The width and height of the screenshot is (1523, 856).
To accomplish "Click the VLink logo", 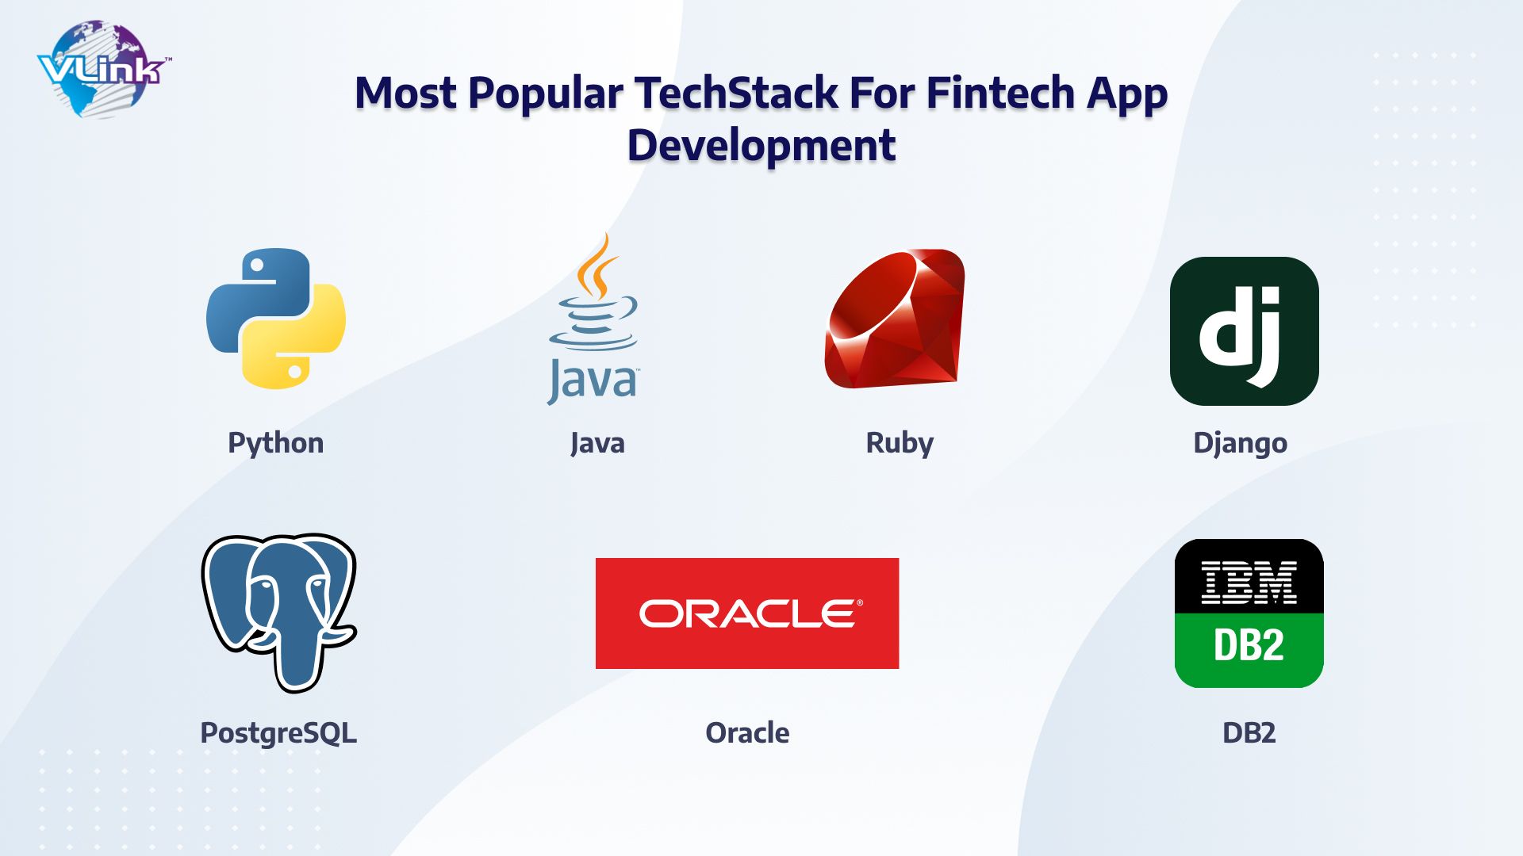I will point(103,70).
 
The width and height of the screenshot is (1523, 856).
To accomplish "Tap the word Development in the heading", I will point(761,145).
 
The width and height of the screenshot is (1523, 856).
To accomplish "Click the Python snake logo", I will point(276,319).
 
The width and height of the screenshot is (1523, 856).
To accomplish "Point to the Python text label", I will point(275,442).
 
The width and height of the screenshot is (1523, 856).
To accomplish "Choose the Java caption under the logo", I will point(597,442).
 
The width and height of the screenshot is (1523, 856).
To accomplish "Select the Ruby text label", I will point(900,442).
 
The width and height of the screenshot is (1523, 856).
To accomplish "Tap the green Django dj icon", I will point(1244,331).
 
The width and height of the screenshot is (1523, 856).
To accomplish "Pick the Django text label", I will point(1240,442).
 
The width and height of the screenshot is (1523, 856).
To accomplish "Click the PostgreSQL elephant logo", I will point(278,611).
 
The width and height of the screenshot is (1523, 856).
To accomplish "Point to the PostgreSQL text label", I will point(278,732).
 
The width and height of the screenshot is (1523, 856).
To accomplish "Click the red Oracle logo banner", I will point(747,613).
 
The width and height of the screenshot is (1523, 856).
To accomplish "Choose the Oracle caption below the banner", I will point(747,732).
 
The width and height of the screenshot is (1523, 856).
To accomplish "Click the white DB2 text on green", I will point(1249,645).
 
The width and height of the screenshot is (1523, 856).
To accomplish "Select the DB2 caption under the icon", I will point(1249,732).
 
